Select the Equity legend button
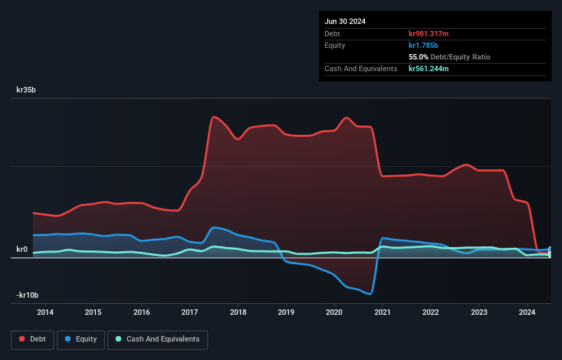[x=81, y=339]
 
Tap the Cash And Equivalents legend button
[x=157, y=339]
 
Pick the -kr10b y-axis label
[x=27, y=295]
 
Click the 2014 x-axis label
[x=45, y=313]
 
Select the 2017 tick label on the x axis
[x=190, y=313]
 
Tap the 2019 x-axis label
[x=286, y=313]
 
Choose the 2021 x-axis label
[x=383, y=313]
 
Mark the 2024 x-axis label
[x=527, y=313]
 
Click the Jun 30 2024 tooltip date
[x=345, y=21]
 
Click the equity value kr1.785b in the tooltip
[x=424, y=45]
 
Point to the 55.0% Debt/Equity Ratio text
[x=449, y=57]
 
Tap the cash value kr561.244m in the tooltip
[x=429, y=68]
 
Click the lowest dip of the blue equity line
[x=370, y=294]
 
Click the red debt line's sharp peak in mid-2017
[x=214, y=116]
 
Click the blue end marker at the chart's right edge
[x=550, y=250]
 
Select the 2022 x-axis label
[x=431, y=313]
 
